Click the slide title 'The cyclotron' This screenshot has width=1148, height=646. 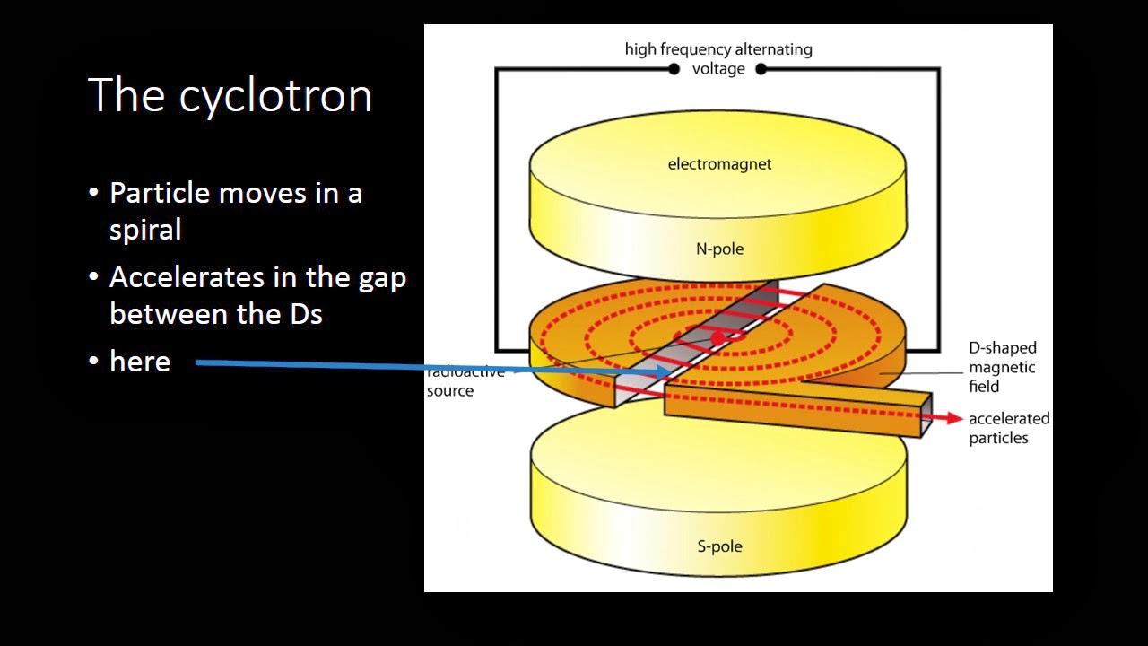(x=230, y=95)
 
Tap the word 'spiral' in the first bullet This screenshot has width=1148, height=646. (x=145, y=230)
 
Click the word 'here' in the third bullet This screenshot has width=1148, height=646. (x=140, y=362)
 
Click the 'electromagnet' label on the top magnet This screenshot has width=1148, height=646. (x=719, y=164)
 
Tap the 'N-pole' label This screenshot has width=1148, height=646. (x=719, y=249)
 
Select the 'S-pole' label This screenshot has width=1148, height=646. (x=719, y=546)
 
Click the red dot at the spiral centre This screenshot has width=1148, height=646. (x=718, y=338)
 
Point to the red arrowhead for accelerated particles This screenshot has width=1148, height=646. (x=955, y=418)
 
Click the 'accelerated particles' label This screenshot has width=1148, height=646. (x=1009, y=428)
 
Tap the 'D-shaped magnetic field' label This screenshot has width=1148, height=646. (x=1002, y=367)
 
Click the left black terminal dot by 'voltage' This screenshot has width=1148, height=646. (x=674, y=69)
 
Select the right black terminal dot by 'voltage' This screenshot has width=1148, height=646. (x=761, y=69)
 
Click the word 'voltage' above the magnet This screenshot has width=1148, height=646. (x=718, y=69)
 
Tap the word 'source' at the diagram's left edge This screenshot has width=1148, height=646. (x=450, y=391)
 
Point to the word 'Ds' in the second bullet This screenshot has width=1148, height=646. (x=306, y=314)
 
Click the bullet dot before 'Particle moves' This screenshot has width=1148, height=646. (x=93, y=193)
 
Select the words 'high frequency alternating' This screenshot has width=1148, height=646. (x=718, y=49)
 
